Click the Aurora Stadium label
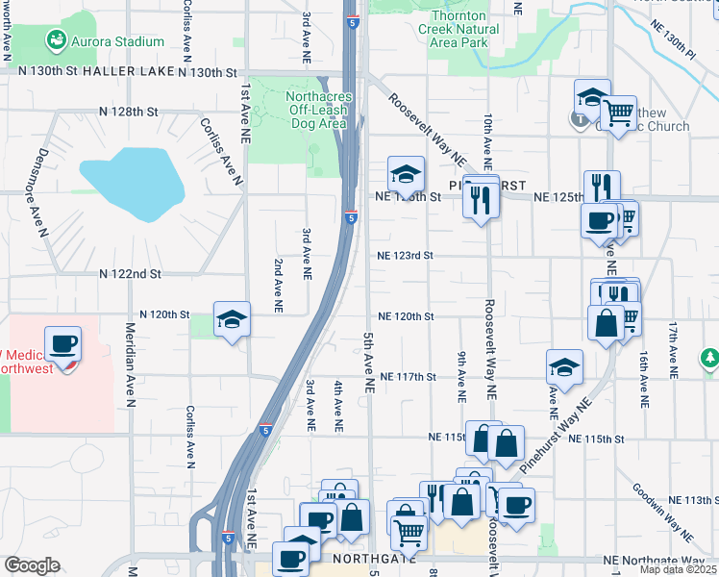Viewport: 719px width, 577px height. (118, 42)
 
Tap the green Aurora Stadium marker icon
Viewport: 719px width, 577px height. (57, 40)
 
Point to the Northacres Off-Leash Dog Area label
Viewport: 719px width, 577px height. (316, 110)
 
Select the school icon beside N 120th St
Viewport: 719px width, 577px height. (232, 320)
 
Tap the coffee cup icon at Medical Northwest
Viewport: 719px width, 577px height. (63, 344)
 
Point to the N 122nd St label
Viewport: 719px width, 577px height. (128, 274)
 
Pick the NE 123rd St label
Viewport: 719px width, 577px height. (406, 256)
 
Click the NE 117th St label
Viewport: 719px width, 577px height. (408, 377)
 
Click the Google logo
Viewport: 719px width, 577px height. (32, 565)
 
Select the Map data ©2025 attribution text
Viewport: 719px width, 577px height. (678, 569)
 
